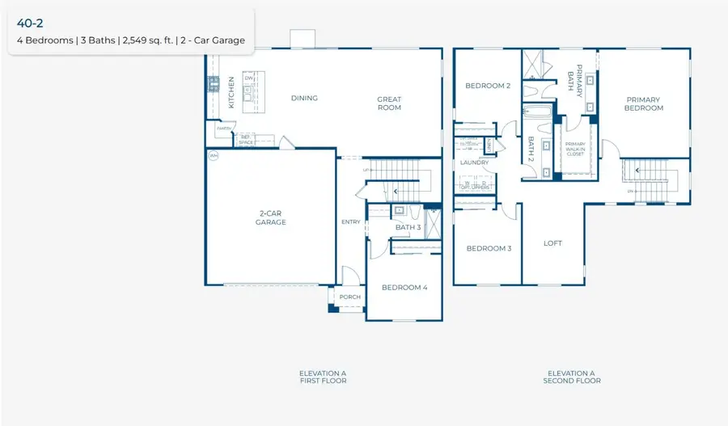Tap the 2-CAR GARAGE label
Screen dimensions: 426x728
(x=272, y=217)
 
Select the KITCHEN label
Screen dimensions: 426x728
(x=231, y=92)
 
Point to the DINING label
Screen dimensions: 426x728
(x=304, y=99)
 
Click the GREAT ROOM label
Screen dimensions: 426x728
(x=389, y=103)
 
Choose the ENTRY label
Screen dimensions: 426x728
(x=351, y=221)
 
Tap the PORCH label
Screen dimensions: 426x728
(x=350, y=297)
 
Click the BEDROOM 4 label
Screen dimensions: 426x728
(x=404, y=287)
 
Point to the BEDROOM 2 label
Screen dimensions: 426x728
(x=487, y=86)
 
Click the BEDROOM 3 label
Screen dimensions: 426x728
(x=489, y=248)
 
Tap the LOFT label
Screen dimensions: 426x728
(x=552, y=243)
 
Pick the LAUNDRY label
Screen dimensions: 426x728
(x=475, y=162)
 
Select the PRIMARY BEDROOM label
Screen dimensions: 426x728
(x=644, y=104)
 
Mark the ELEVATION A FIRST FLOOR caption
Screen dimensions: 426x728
(x=323, y=377)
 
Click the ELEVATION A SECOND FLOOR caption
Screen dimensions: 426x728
(x=572, y=377)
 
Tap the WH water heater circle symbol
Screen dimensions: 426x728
(x=214, y=155)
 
